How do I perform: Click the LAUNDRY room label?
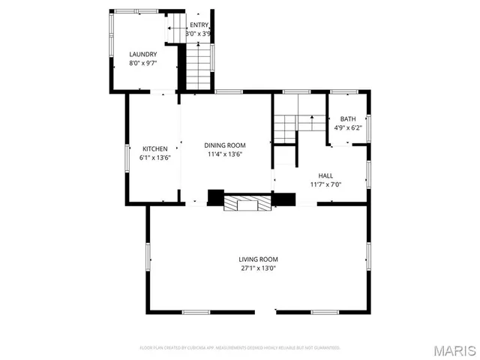pos(142,55)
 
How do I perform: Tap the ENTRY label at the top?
pos(199,25)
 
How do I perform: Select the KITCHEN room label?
pos(154,148)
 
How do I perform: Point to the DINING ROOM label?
pos(225,145)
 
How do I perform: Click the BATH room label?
pos(348,119)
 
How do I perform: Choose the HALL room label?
pos(325,175)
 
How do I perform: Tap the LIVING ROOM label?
pos(259,259)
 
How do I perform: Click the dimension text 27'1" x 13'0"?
pos(259,268)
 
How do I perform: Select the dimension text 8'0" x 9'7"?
pos(142,64)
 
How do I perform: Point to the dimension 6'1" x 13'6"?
pos(154,157)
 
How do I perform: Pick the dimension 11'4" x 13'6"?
pos(225,154)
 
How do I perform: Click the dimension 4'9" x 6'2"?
pos(348,128)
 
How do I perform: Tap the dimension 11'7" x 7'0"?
pos(325,184)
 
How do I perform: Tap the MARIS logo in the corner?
pos(453,350)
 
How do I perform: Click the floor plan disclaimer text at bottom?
pos(240,348)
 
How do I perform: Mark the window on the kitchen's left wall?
pos(126,157)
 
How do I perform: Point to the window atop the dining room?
pos(229,92)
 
